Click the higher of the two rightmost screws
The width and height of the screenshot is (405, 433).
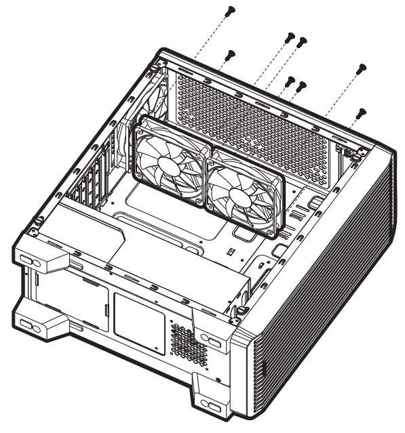tap(362, 68)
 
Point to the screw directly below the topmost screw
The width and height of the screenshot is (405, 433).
tap(230, 55)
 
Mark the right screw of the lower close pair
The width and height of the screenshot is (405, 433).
tap(303, 85)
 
